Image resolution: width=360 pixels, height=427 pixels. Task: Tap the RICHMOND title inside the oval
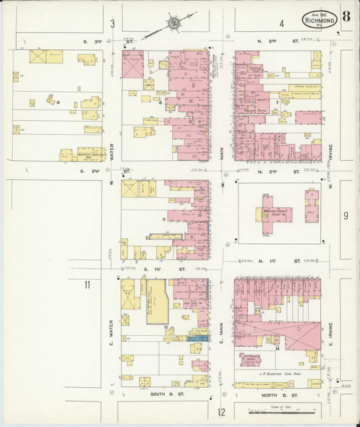(x=319, y=21)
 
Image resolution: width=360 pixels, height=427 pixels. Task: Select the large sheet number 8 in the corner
(x=345, y=16)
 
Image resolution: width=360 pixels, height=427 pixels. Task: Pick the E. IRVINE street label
(x=331, y=332)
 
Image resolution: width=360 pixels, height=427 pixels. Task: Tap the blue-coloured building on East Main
(x=200, y=337)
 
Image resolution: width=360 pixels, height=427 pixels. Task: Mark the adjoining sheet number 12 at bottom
(x=221, y=412)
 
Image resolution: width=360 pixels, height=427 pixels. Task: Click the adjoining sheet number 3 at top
(x=113, y=24)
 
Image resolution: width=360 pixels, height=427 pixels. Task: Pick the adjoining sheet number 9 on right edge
(x=345, y=216)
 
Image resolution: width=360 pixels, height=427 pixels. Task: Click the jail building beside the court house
(x=311, y=207)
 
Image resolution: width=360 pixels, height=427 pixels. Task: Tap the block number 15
(x=165, y=326)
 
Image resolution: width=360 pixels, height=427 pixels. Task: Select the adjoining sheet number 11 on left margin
(x=86, y=285)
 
